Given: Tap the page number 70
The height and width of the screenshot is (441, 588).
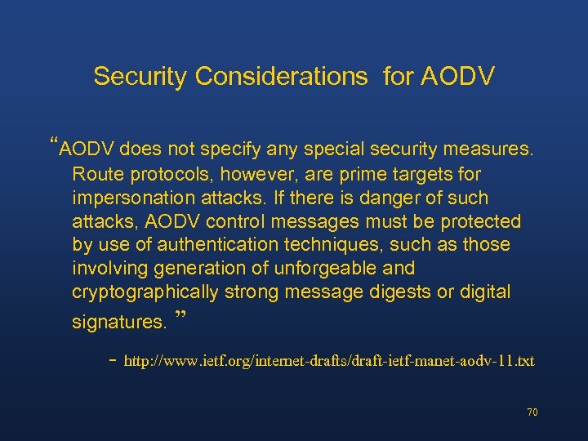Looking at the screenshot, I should (x=532, y=412).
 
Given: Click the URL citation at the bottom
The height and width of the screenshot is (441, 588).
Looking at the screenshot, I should (x=328, y=360).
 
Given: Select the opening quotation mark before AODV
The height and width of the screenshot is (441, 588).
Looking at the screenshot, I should (x=54, y=145).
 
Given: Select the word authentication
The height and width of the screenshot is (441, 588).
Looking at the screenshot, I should (x=216, y=245).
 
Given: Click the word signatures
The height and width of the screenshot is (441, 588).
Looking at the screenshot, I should (x=118, y=322).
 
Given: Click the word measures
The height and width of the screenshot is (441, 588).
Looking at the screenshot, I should (x=488, y=150).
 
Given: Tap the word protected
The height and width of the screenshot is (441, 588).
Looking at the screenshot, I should (x=479, y=221).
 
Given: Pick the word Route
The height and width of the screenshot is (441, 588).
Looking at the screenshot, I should (x=93, y=175).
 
